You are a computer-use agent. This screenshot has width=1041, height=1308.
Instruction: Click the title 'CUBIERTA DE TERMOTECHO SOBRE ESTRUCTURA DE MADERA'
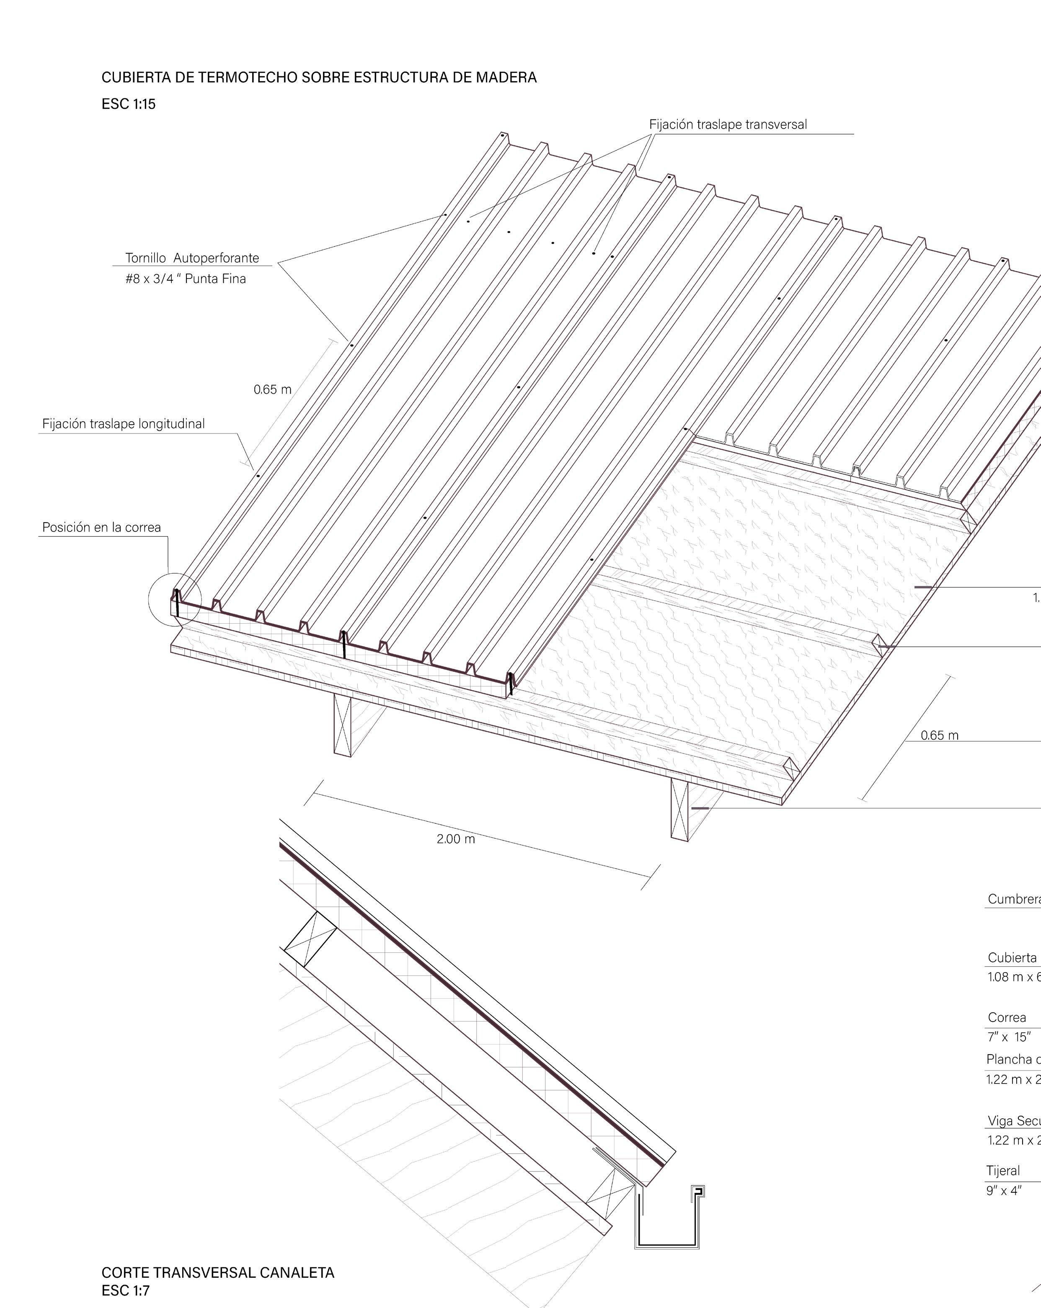(319, 77)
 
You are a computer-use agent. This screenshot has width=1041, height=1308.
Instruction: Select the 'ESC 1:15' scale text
(129, 104)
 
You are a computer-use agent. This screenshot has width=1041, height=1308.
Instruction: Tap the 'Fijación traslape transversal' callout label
(728, 124)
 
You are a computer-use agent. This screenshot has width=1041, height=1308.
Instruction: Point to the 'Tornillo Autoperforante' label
(192, 258)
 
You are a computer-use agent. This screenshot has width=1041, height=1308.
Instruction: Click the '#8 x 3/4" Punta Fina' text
(186, 279)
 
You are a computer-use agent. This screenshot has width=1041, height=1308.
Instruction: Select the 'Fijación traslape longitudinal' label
(124, 423)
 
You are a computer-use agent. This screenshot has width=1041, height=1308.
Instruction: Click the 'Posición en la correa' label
(101, 527)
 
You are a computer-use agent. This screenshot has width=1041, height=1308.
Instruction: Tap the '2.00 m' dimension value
(456, 839)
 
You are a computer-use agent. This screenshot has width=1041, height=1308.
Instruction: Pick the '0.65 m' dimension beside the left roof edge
(272, 390)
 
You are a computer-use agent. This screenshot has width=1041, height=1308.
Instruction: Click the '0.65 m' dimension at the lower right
(940, 735)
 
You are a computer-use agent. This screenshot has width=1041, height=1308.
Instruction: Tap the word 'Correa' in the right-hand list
(1006, 1017)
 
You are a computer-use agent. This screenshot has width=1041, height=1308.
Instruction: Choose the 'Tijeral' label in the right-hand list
(1003, 1170)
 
